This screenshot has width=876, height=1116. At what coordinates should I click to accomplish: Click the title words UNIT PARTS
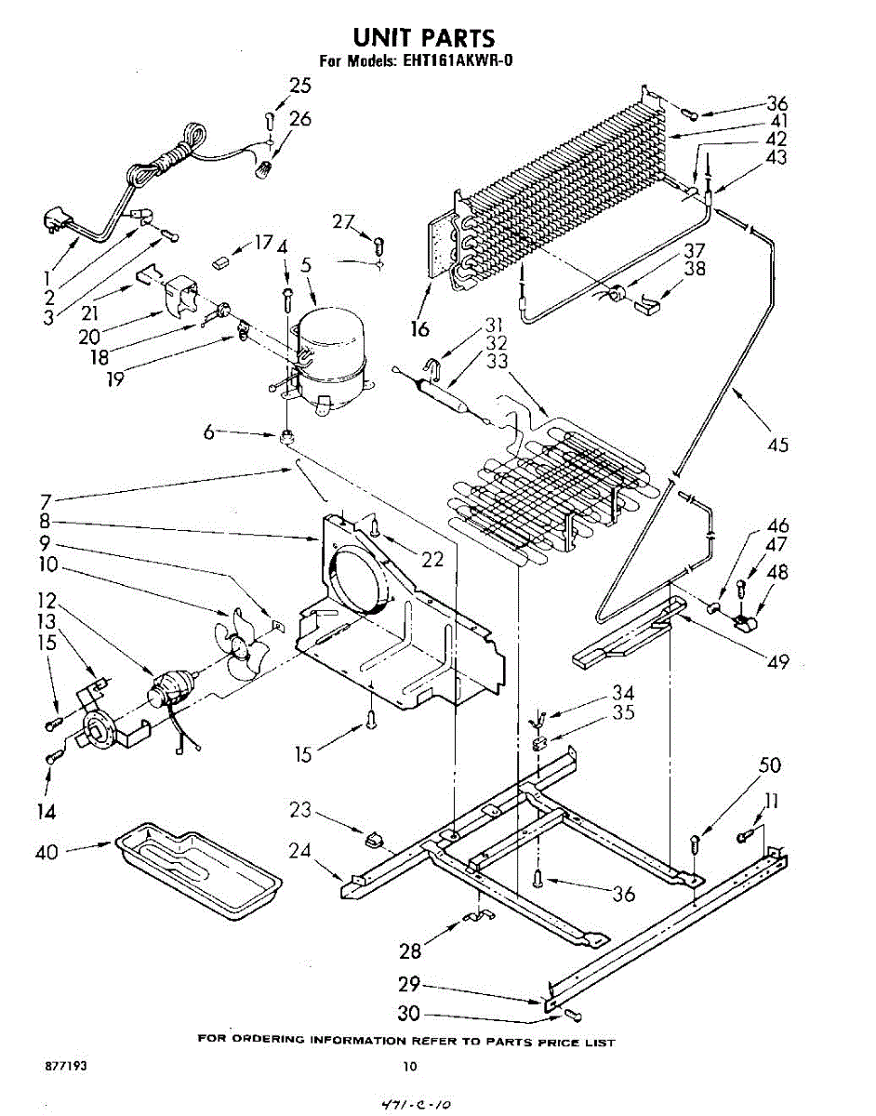click(x=423, y=37)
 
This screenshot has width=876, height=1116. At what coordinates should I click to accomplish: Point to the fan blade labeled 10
click(x=238, y=642)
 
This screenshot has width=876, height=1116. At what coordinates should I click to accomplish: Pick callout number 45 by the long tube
click(x=777, y=445)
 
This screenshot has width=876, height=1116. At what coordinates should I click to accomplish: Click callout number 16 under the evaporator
click(x=419, y=327)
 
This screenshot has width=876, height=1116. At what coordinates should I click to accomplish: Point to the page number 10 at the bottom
click(x=410, y=1067)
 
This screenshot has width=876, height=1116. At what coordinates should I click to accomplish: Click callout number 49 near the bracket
click(x=777, y=661)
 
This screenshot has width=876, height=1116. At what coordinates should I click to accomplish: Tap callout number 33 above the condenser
click(x=497, y=360)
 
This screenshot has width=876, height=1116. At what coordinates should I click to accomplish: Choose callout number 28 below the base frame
click(x=410, y=950)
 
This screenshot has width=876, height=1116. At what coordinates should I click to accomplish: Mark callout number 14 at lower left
click(x=45, y=812)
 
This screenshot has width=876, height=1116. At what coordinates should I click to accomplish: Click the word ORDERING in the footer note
click(x=267, y=1040)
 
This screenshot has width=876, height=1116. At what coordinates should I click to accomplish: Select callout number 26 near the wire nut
click(x=300, y=119)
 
